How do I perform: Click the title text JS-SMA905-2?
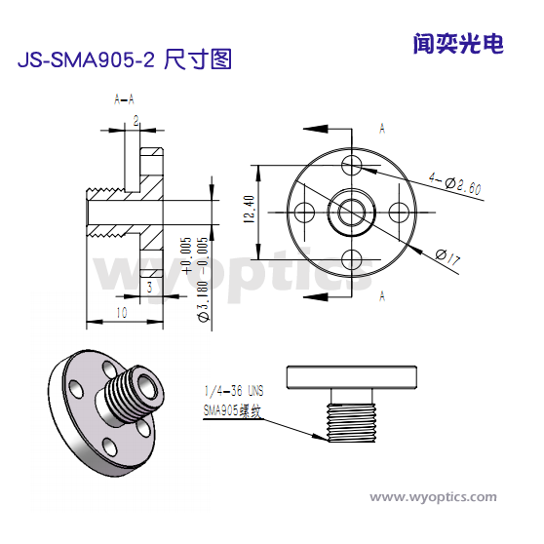[x=86, y=60]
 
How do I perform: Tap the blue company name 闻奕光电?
[x=457, y=44]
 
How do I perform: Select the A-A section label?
[x=124, y=99]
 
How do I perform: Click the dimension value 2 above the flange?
[x=136, y=120]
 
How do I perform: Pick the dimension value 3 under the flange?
[x=149, y=289]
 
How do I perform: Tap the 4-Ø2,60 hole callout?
[x=455, y=183]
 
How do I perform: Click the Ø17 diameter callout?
[x=447, y=257]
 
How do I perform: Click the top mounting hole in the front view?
[x=352, y=161]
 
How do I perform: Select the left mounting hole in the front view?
[x=303, y=210]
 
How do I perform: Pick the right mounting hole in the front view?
[x=400, y=210]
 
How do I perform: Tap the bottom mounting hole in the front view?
[x=352, y=258]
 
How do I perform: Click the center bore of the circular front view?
[x=352, y=210]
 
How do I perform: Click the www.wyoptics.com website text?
[x=433, y=497]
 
